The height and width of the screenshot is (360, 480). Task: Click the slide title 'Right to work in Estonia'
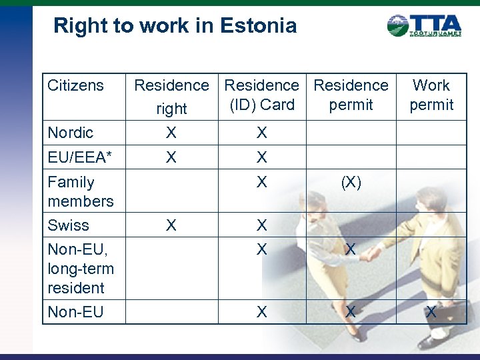coord(175,26)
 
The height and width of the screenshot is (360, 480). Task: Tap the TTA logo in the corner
coord(424,25)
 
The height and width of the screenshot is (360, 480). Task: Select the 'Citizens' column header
coord(75,85)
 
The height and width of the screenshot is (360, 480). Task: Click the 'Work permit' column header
coord(431,95)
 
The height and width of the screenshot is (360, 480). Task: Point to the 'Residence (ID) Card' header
coord(262,95)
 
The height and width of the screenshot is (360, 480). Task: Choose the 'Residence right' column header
coord(171,96)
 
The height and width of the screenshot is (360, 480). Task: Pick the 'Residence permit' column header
coord(351,95)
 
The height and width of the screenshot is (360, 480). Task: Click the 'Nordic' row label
coord(70,133)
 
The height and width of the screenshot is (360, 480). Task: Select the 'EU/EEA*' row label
coord(79,157)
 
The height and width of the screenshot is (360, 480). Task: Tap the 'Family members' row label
coord(80,191)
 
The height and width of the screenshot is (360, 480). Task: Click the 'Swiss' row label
coord(68,225)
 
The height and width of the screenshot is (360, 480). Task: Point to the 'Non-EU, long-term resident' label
coord(81,269)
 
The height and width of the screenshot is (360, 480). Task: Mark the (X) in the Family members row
coord(351,183)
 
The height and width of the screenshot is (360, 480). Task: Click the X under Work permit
coord(431,312)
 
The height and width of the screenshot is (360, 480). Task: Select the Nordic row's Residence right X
coord(171,133)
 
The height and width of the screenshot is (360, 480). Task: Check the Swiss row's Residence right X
coord(171,225)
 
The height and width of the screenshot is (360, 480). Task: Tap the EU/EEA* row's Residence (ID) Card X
coord(262,157)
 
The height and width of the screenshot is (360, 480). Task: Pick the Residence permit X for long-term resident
coord(351,249)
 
